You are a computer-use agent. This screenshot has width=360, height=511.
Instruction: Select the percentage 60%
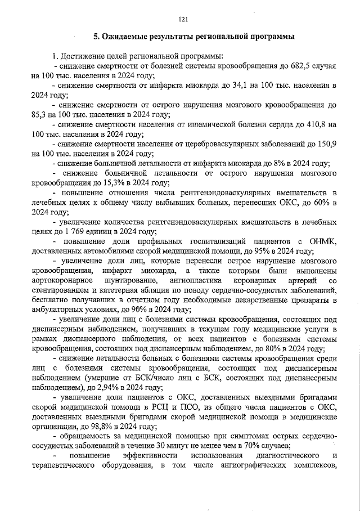tap(314, 203)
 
